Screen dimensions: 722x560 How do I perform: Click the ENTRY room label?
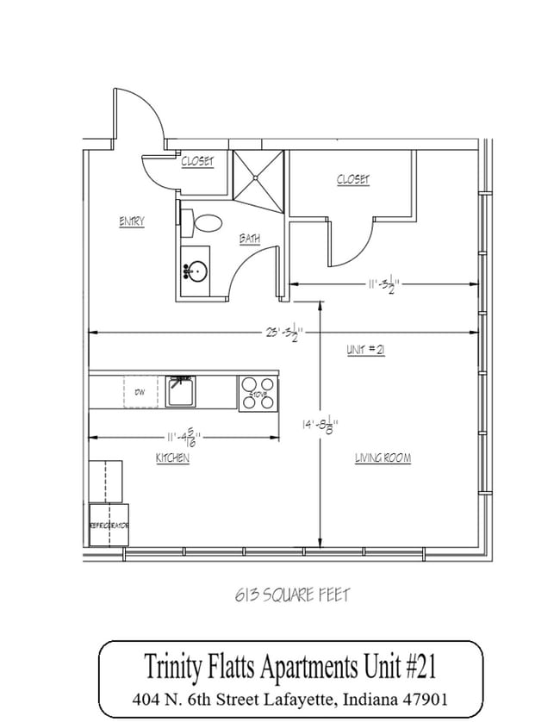coord(131,222)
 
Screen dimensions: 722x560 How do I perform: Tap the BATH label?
coord(250,239)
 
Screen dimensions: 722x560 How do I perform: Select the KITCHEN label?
coord(172,459)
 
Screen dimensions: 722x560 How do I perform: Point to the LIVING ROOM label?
coord(383,459)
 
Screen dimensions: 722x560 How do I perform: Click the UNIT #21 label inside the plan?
coord(364,350)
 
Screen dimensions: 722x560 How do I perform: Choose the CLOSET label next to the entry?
coord(197,161)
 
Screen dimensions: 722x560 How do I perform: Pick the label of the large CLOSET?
coord(352,179)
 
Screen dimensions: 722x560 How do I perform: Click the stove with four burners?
coord(258,392)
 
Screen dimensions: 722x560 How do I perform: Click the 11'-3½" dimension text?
coord(380,283)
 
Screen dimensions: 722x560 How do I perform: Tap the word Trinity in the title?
coord(172,668)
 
